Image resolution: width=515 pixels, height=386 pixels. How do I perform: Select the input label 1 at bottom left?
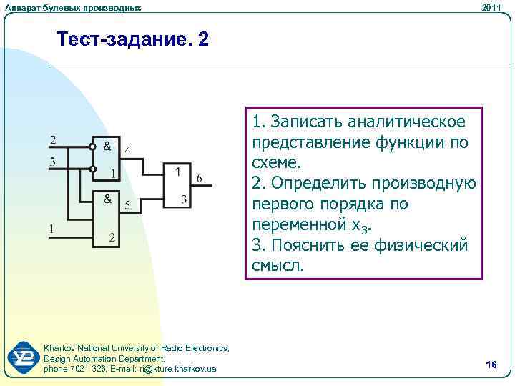tap(51, 229)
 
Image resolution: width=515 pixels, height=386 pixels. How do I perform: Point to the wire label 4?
tap(127, 150)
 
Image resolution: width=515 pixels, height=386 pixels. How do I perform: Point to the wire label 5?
tap(127, 206)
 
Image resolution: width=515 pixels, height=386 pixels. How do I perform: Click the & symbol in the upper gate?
tap(107, 146)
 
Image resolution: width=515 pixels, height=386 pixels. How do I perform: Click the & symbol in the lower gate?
tap(107, 198)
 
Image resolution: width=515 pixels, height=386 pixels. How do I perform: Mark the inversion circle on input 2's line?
tap(92, 147)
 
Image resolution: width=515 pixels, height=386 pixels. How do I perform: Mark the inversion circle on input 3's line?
tap(92, 169)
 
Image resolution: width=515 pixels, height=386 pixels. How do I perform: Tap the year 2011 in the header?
tap(491, 7)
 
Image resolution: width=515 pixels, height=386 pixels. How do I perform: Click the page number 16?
tap(491, 365)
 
